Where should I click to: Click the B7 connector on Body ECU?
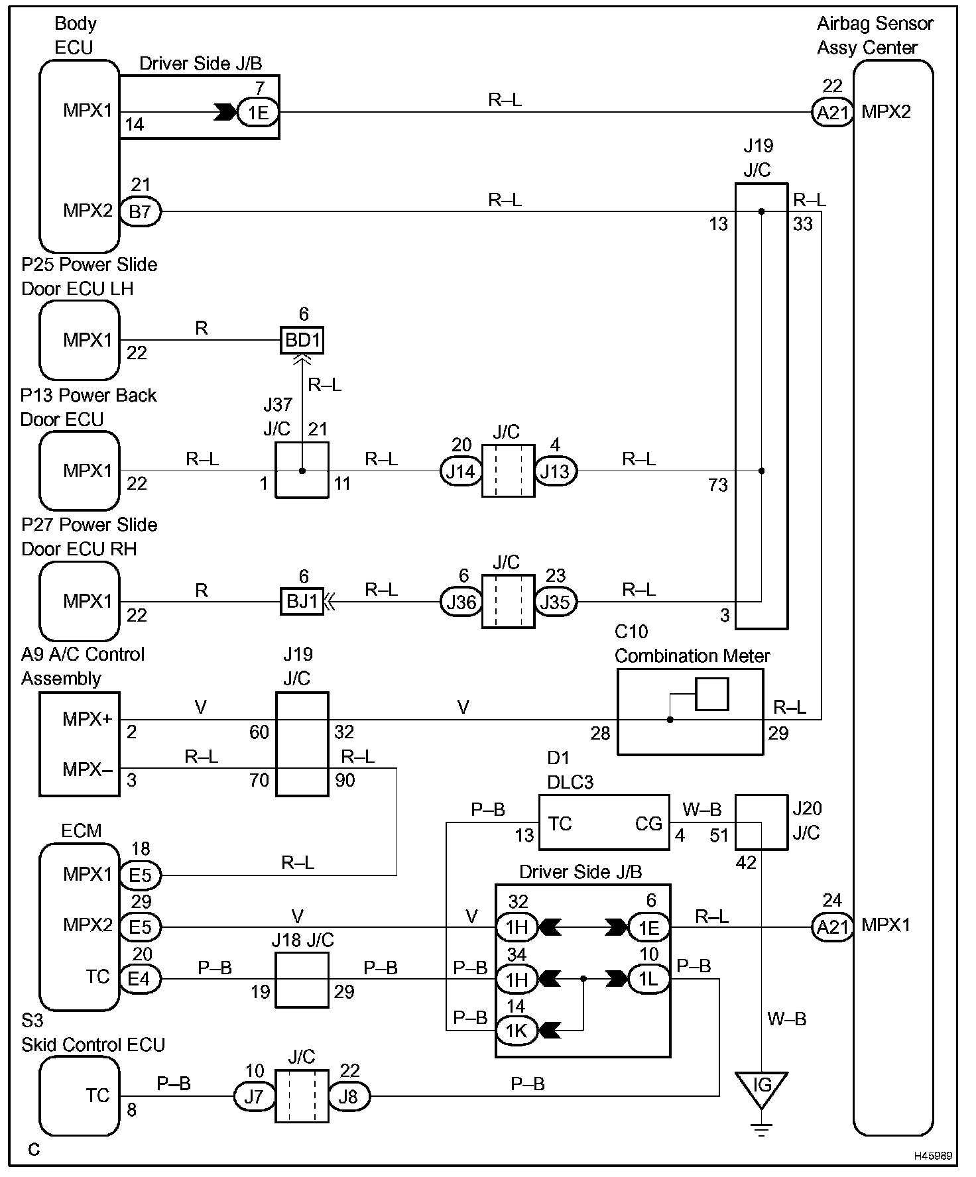coord(140,213)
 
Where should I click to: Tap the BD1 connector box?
coord(302,341)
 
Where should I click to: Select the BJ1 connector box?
coord(302,602)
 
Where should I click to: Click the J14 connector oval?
coord(460,471)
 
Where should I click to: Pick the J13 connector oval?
coord(556,471)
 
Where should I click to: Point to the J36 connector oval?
coord(460,602)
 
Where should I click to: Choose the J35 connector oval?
coord(556,602)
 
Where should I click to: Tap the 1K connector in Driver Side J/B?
coord(517,1031)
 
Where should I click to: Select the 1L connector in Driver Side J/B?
coord(648,979)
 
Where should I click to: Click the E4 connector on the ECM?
coord(140,979)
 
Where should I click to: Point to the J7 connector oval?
coord(254,1097)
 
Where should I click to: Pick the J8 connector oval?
coord(349,1097)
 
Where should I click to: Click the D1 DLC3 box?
coord(603,822)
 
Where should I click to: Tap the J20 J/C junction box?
coord(761,822)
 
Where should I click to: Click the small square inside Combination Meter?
coord(712,694)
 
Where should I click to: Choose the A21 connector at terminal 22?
coord(833,113)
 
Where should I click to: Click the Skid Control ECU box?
coord(80,1096)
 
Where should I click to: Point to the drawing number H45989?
coord(933,1156)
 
